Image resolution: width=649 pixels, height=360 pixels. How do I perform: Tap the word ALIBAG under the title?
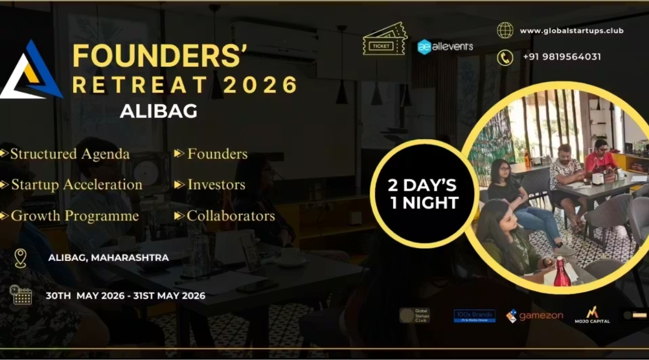pyautogui.click(x=159, y=111)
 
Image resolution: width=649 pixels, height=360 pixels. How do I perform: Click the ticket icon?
pyautogui.click(x=384, y=40)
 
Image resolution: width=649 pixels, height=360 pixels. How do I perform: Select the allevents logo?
pyautogui.click(x=446, y=46)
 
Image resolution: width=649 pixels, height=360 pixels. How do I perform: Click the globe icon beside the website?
pyautogui.click(x=505, y=30)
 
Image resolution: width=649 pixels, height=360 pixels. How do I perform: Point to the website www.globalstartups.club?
pyautogui.click(x=571, y=30)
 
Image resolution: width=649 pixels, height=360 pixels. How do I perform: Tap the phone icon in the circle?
pyautogui.click(x=505, y=57)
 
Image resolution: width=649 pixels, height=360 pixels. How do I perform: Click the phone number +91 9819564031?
pyautogui.click(x=562, y=57)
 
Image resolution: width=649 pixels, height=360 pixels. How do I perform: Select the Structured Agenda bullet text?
pyautogui.click(x=70, y=154)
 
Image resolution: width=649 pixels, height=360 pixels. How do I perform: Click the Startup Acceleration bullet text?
pyautogui.click(x=76, y=185)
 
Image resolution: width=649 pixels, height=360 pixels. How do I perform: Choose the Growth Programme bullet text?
pyautogui.click(x=74, y=216)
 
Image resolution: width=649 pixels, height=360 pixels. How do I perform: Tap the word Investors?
pyautogui.click(x=216, y=185)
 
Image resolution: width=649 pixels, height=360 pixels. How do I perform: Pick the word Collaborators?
pyautogui.click(x=231, y=216)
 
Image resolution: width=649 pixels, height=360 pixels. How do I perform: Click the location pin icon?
pyautogui.click(x=21, y=258)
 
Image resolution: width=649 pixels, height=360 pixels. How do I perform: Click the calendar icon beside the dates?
pyautogui.click(x=21, y=295)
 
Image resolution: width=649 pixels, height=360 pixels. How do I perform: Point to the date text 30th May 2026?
pyautogui.click(x=85, y=296)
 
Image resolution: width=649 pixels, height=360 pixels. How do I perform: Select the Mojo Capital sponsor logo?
pyautogui.click(x=592, y=315)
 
